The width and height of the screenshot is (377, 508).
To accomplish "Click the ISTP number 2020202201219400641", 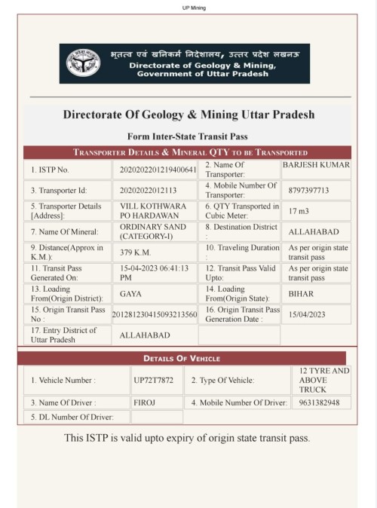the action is [x=158, y=170].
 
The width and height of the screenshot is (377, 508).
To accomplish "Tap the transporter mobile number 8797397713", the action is [x=309, y=191].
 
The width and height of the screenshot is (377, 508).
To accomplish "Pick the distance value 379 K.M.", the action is [x=136, y=252].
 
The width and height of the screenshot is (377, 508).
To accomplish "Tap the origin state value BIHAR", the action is [x=301, y=294].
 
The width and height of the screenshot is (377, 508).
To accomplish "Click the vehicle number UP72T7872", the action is [x=154, y=381].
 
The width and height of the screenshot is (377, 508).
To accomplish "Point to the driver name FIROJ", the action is [x=144, y=403].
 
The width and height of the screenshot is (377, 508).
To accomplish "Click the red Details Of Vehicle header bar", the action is [x=182, y=358].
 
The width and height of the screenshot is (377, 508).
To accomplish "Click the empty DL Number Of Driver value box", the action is [x=156, y=417].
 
